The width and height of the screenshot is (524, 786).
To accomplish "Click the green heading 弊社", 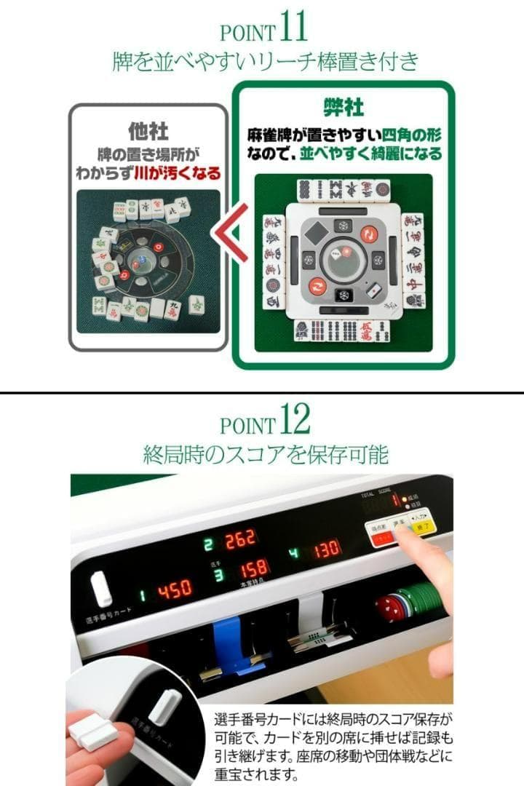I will [x=343, y=108].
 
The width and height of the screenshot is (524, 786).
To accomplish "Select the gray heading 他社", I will [x=148, y=131].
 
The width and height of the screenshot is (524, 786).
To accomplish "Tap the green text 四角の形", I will [x=415, y=135].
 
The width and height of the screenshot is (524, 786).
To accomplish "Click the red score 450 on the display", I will [x=175, y=589].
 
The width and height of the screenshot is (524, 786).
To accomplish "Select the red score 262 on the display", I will [x=240, y=539].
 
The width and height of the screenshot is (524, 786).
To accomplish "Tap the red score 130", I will [x=327, y=549].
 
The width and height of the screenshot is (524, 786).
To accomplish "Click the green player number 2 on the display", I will [x=208, y=542].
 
